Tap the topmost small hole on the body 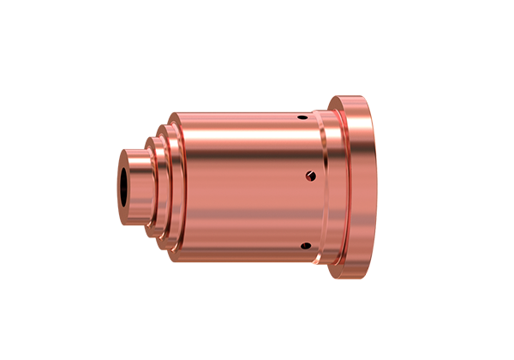[302, 117]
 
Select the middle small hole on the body [310, 177]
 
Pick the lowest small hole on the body [304, 247]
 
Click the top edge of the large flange [356, 97]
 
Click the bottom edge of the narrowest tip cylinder [137, 225]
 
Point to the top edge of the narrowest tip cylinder [137, 149]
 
